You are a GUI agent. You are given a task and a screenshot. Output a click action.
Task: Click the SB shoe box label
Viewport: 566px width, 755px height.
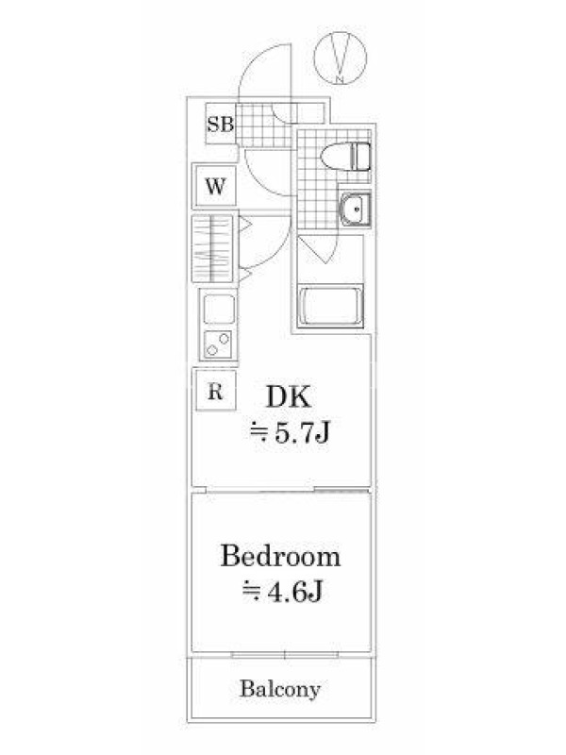coord(221,124)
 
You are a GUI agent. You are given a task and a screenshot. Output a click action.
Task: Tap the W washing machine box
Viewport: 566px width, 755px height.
coord(215,185)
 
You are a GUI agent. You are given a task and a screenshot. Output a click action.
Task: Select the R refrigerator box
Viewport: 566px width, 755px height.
coord(216,391)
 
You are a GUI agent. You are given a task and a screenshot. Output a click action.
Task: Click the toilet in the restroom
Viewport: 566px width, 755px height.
coord(345,157)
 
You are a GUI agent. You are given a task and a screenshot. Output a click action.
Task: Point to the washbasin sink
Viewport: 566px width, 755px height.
coord(356,210)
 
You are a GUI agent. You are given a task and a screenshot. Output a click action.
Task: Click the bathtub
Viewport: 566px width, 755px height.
coord(331,307)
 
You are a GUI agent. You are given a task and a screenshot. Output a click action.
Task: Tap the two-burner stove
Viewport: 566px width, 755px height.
coord(219,344)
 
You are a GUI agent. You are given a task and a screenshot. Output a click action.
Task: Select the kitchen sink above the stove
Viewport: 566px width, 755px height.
coord(219,310)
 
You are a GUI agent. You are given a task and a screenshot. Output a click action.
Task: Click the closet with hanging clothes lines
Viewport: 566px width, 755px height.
coord(212,248)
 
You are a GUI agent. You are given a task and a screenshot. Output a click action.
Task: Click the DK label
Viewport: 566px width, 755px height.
coord(289,397)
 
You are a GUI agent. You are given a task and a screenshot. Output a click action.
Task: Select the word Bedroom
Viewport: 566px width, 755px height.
coord(280,556)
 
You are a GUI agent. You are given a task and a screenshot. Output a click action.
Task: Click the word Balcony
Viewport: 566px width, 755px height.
coord(280,689)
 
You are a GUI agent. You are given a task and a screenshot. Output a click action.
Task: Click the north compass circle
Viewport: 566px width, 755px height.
coord(341,58)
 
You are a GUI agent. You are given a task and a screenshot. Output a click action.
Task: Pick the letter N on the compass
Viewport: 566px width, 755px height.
coord(341,79)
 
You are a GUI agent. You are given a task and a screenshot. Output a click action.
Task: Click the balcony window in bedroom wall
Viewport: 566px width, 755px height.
coord(285,655)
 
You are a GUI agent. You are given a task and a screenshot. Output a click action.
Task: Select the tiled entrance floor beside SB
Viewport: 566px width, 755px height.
coord(264,125)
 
